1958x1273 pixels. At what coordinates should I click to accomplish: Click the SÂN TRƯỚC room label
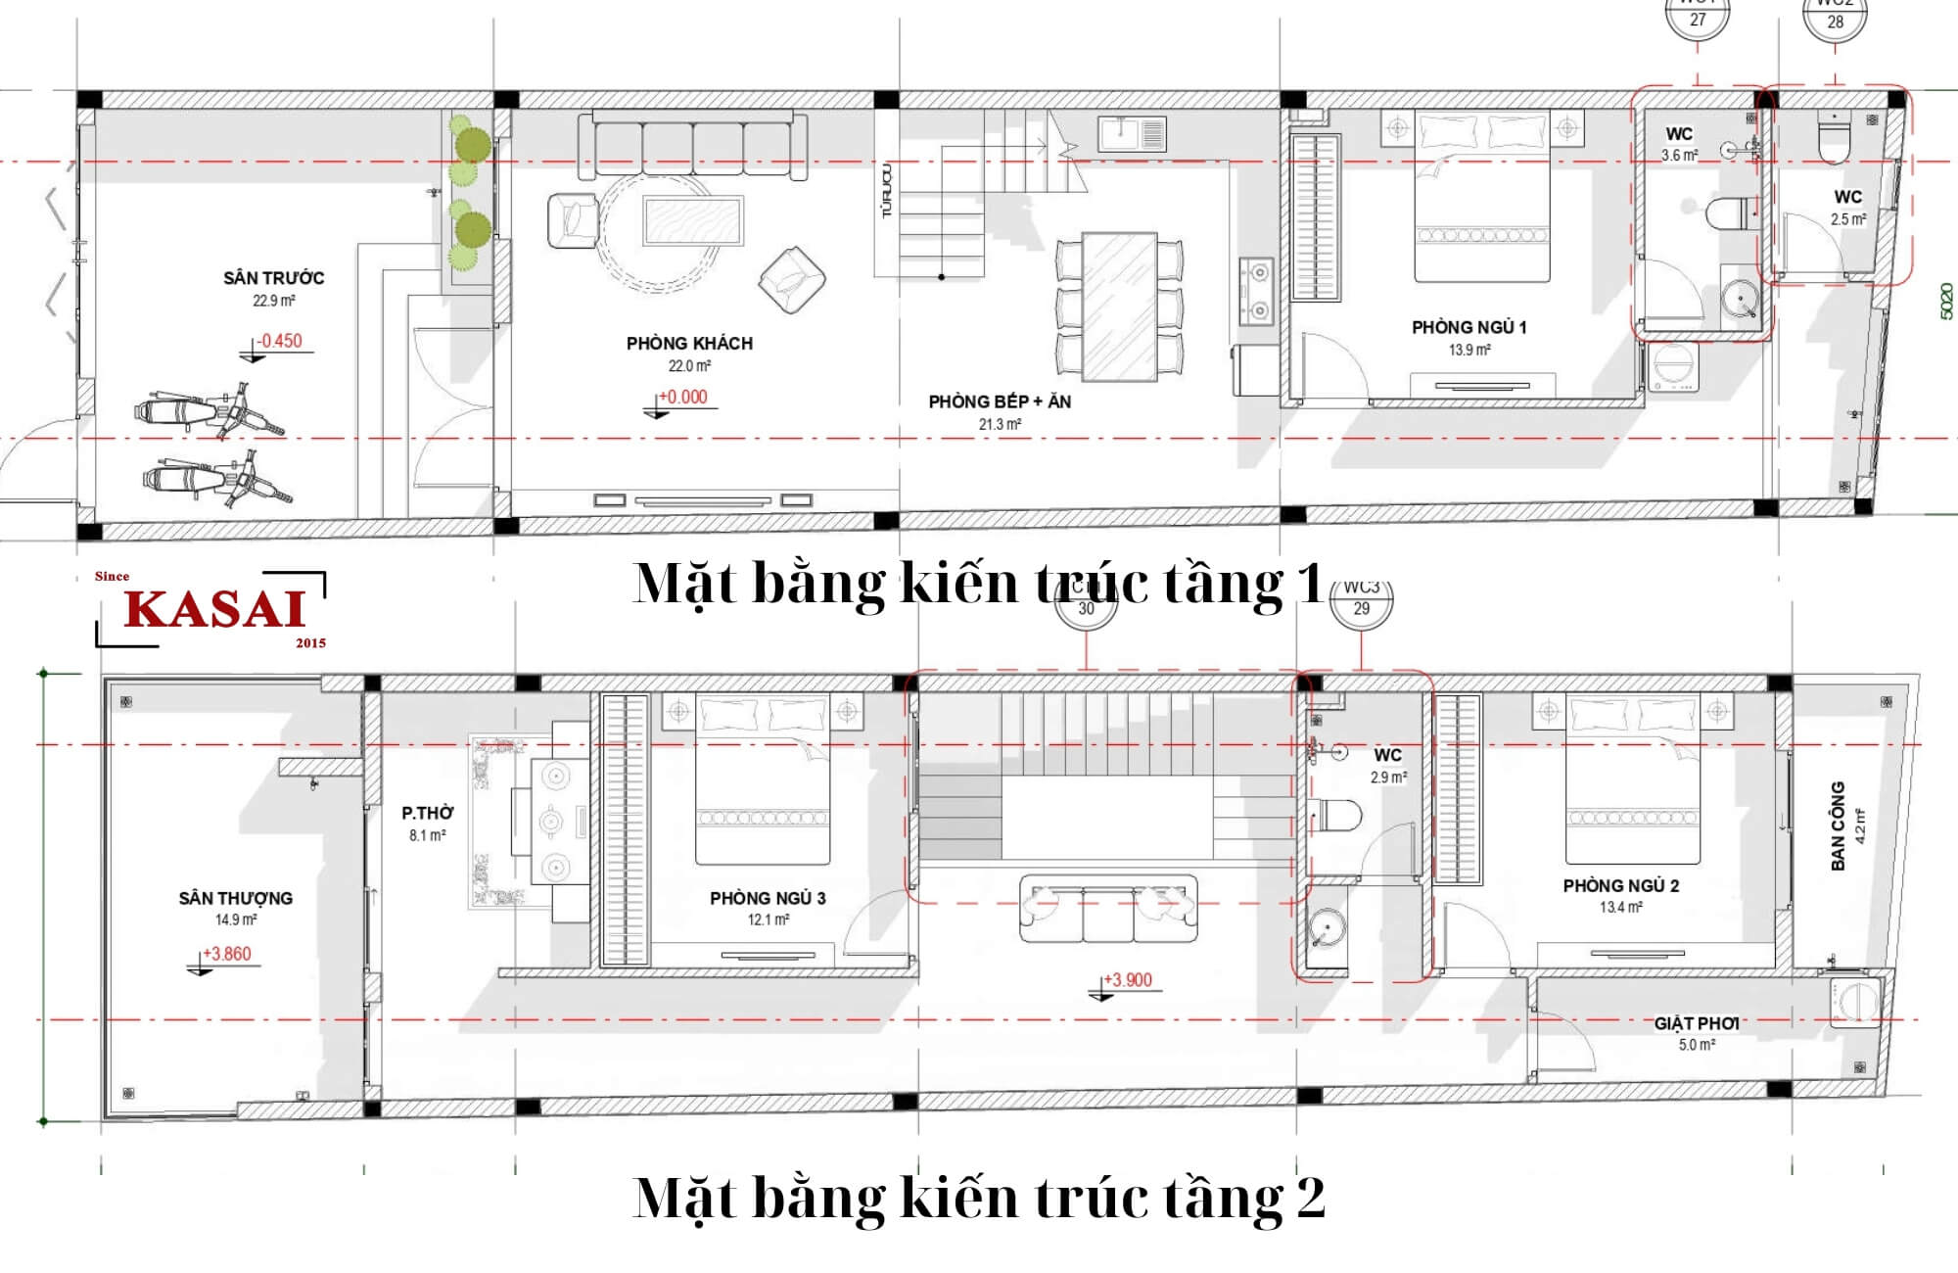click(273, 278)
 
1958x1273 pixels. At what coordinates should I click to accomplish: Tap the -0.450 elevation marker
click(280, 341)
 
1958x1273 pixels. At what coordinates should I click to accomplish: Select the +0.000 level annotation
click(682, 397)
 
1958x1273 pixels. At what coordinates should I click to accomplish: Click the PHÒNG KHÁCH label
click(689, 344)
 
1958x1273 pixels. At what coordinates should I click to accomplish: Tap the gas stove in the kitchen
click(1255, 292)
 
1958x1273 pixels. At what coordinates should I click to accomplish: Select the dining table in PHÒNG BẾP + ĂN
click(1119, 306)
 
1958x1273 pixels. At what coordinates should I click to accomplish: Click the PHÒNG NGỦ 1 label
click(1468, 327)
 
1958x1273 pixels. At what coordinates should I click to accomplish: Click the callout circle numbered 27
click(1698, 20)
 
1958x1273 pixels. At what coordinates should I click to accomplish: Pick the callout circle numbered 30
click(1086, 607)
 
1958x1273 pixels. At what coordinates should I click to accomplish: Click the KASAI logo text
click(214, 609)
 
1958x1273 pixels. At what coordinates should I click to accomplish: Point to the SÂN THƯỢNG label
click(235, 898)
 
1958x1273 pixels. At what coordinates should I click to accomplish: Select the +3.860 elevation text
click(227, 954)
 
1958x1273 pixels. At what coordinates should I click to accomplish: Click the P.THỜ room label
click(427, 813)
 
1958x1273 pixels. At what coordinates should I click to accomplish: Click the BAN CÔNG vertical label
click(1838, 825)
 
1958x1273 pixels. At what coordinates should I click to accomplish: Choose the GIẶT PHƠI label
click(1697, 1023)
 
